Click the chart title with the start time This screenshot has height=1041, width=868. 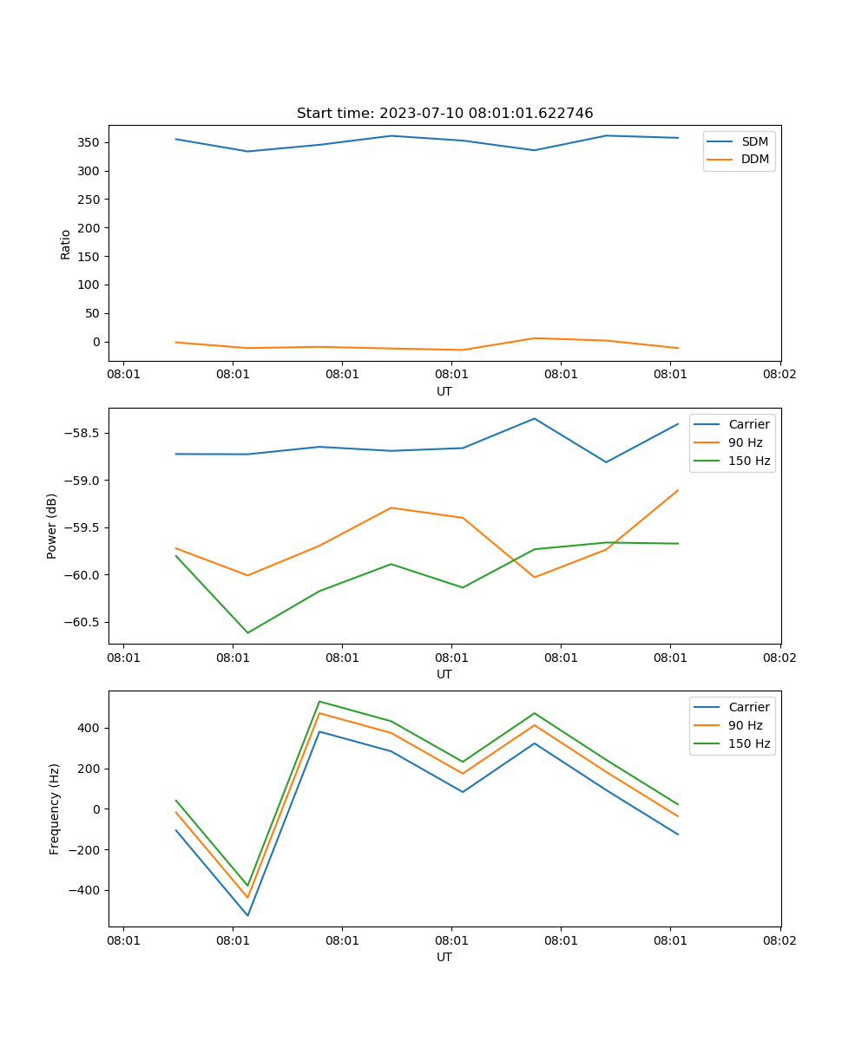[x=444, y=114]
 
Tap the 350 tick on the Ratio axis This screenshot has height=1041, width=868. [x=90, y=142]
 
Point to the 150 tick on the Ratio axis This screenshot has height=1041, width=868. [x=90, y=256]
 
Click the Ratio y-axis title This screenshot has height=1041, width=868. [x=65, y=245]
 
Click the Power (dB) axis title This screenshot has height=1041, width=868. [x=52, y=526]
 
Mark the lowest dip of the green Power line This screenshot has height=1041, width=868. [x=247, y=632]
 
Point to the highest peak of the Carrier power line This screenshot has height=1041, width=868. [x=534, y=419]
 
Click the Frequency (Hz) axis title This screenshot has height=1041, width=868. [x=55, y=809]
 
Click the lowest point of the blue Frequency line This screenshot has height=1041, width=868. [x=247, y=915]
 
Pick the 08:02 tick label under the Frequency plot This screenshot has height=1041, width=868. [x=779, y=940]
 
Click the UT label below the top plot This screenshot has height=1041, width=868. [x=444, y=391]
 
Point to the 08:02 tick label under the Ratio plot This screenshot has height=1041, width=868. [x=779, y=375]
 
